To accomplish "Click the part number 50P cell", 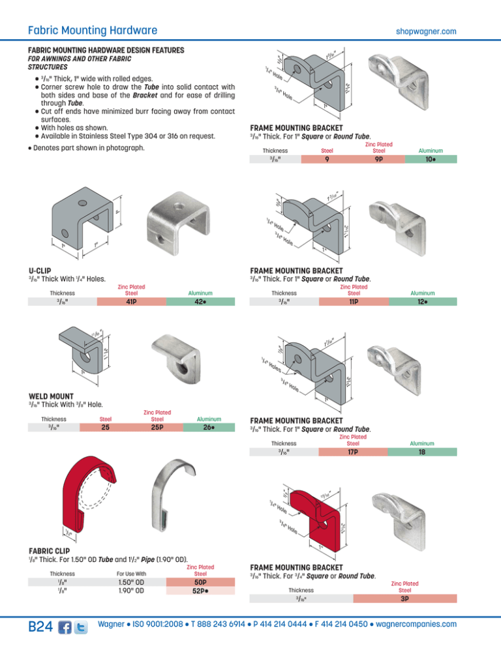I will (x=202, y=582).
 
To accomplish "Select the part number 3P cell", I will (x=404, y=598).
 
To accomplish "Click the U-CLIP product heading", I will (x=40, y=270).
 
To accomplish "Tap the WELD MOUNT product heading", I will (x=51, y=395).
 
